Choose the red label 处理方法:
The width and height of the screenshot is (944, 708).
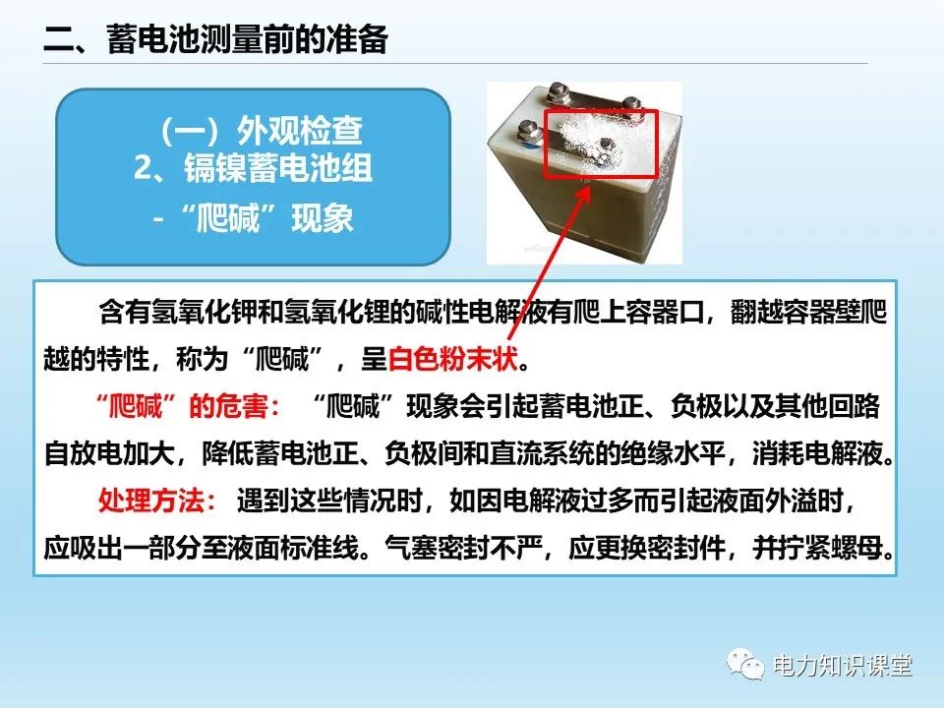(x=157, y=501)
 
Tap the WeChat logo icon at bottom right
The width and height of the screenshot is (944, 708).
(x=746, y=666)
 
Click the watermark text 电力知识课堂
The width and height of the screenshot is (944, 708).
(x=843, y=666)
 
